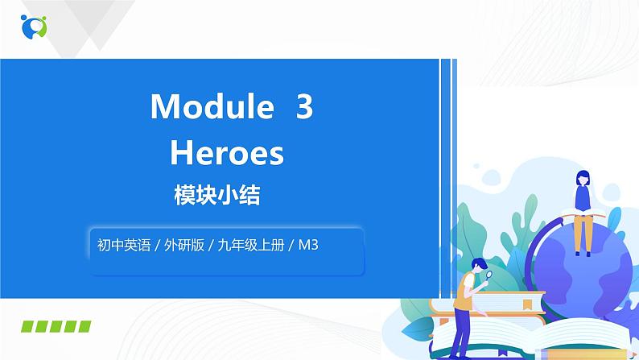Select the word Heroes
(x=227, y=152)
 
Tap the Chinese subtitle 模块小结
(x=216, y=195)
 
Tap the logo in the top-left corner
(x=33, y=26)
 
